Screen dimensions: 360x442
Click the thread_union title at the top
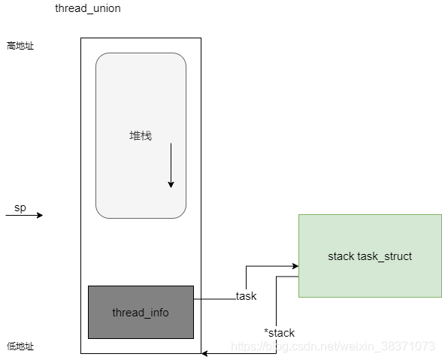[88, 8]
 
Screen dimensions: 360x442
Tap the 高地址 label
[20, 46]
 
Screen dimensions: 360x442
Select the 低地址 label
[20, 347]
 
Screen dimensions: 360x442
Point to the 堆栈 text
[141, 136]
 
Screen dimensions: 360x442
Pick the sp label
[20, 208]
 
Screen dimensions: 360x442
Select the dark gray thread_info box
[141, 312]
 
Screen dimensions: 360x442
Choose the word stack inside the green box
[341, 256]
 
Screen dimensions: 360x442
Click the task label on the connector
[247, 296]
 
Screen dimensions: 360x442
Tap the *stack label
[279, 333]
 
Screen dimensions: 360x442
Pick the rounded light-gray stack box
[141, 90]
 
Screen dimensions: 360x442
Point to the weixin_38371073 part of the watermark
[392, 346]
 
